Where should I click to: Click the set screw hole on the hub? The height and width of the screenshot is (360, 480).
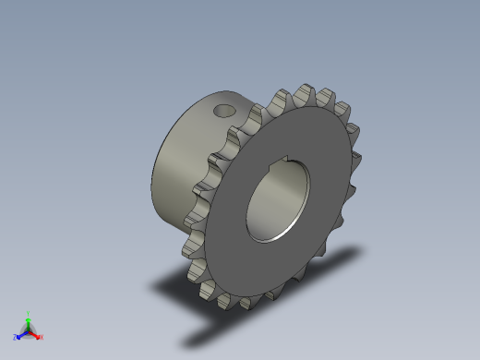(x=223, y=110)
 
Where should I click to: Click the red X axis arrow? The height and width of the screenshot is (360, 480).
(x=36, y=334)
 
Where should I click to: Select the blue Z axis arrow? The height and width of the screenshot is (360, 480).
(x=21, y=333)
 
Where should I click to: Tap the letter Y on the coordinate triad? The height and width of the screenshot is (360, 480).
(x=29, y=312)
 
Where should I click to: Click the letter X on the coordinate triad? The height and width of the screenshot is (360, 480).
(x=42, y=338)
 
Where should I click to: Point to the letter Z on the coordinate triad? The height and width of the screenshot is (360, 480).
(x=16, y=337)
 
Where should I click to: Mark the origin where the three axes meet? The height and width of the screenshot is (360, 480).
(x=29, y=330)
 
